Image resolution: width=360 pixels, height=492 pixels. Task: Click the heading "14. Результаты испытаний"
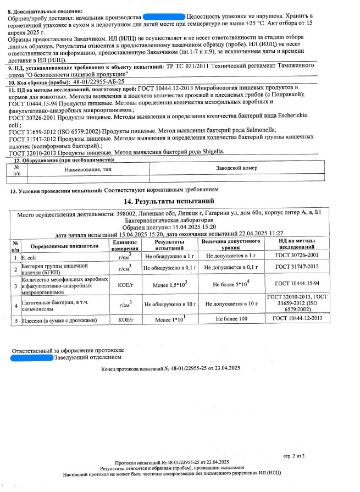click(169, 201)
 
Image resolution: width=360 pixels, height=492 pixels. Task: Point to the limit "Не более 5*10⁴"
click(231, 284)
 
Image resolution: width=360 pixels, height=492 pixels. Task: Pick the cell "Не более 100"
click(231, 319)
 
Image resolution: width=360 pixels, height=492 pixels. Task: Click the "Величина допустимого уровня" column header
click(231, 245)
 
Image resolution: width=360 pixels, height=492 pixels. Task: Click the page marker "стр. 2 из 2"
click(293, 456)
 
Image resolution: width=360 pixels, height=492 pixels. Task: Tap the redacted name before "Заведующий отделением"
click(31, 358)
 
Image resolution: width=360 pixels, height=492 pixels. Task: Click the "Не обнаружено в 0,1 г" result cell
click(169, 268)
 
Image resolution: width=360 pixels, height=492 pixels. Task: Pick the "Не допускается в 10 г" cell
click(231, 303)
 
